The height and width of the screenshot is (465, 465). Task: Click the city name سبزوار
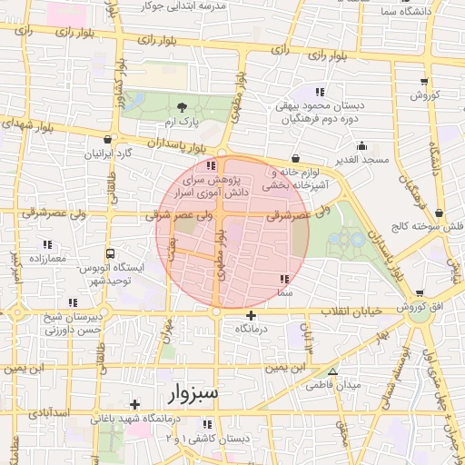click(193, 396)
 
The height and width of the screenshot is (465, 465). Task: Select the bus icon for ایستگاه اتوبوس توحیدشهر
click(110, 254)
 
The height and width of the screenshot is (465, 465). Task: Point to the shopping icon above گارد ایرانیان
click(109, 140)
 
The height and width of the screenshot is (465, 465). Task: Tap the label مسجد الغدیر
click(361, 160)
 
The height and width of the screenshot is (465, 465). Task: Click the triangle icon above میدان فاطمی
click(332, 371)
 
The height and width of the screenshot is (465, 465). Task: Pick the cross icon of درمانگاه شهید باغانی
click(135, 404)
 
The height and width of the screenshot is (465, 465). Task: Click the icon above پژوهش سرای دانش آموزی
click(212, 166)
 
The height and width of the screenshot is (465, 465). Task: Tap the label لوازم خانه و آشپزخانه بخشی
click(293, 179)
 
